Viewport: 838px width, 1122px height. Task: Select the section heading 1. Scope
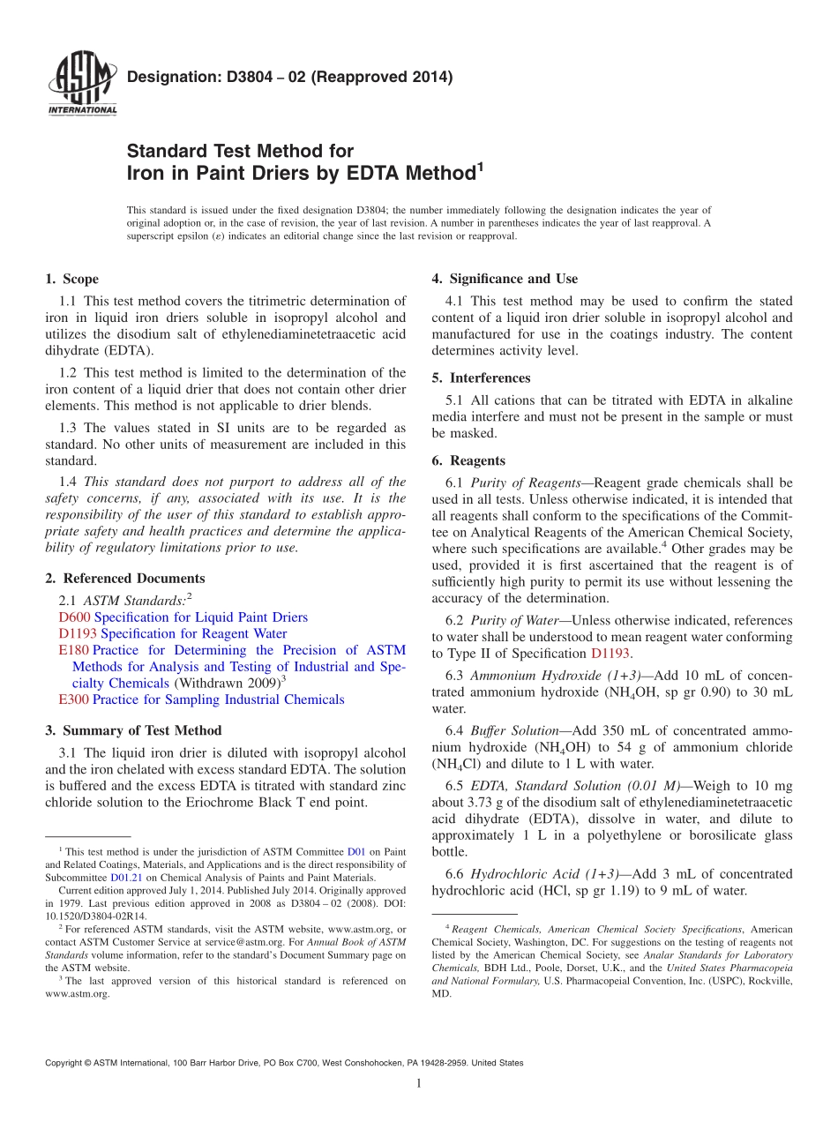click(x=71, y=280)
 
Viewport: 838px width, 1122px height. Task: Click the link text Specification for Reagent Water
click(x=193, y=633)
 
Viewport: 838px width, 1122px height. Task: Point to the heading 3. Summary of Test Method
click(x=133, y=730)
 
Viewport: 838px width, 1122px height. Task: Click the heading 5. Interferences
click(x=481, y=378)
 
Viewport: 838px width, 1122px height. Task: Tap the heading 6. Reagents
click(x=468, y=460)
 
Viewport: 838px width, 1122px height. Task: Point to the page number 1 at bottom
click(x=418, y=1083)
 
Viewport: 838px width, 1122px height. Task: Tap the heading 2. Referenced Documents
click(x=124, y=579)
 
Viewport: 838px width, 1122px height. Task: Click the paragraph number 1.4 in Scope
click(x=68, y=482)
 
